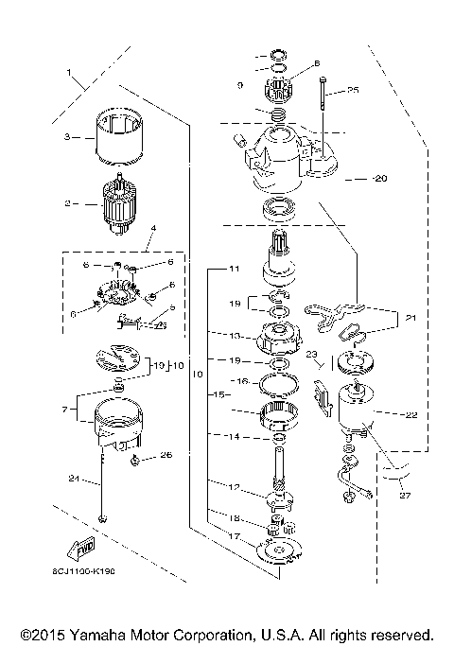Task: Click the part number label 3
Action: pos(67,137)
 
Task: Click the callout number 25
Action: pos(354,91)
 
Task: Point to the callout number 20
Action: pos(355,178)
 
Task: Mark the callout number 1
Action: pos(67,72)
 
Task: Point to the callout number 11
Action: pos(234,270)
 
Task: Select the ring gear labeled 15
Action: pos(279,415)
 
